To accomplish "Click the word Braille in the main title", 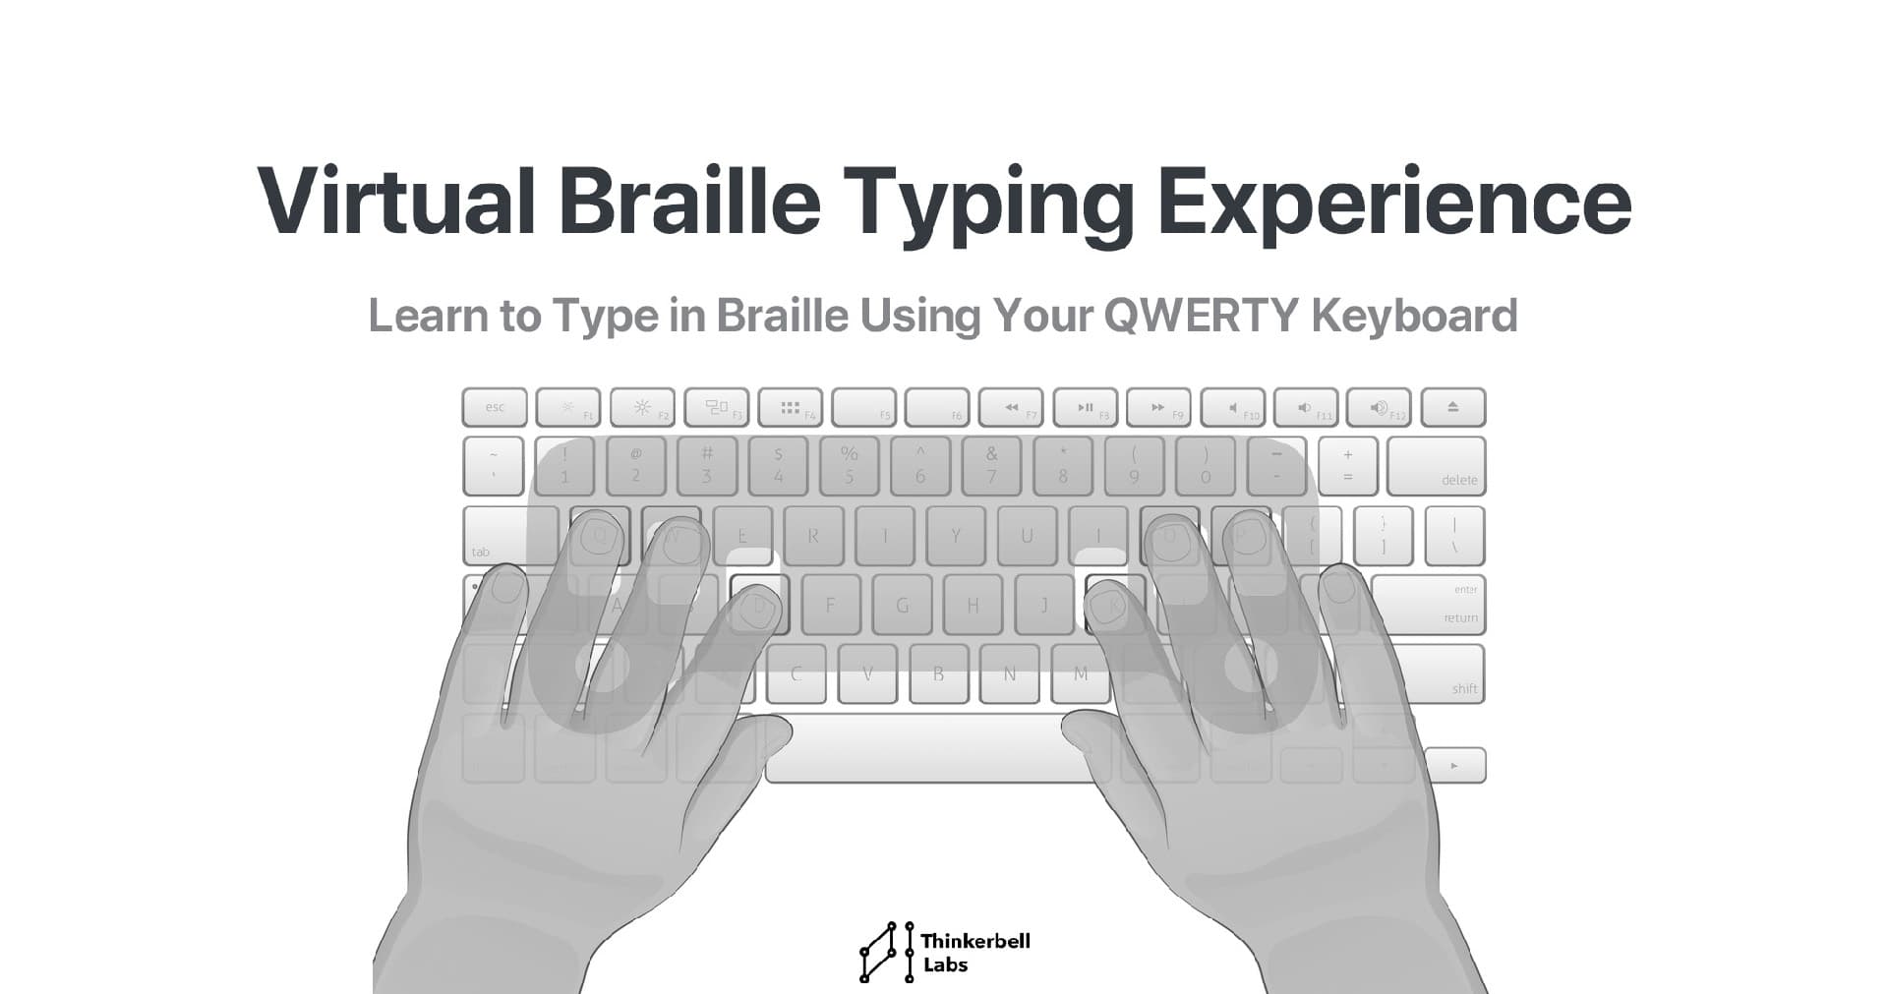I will pyautogui.click(x=689, y=202).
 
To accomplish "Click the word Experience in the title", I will pyautogui.click(x=1393, y=202).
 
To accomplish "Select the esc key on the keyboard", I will pyautogui.click(x=495, y=407).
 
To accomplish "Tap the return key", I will pyautogui.click(x=1429, y=605).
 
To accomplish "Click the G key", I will pyautogui.click(x=902, y=606).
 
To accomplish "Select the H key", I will pyautogui.click(x=973, y=606).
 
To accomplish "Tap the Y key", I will pyautogui.click(x=956, y=536).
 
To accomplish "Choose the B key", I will pyautogui.click(x=938, y=674).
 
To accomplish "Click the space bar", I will pyautogui.click(x=924, y=749).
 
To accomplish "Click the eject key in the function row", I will pyautogui.click(x=1452, y=407).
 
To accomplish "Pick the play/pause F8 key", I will pyautogui.click(x=1085, y=407).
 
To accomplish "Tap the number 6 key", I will pyautogui.click(x=920, y=466).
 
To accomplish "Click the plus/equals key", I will pyautogui.click(x=1347, y=466).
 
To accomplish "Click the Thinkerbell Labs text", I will pyautogui.click(x=973, y=953).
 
